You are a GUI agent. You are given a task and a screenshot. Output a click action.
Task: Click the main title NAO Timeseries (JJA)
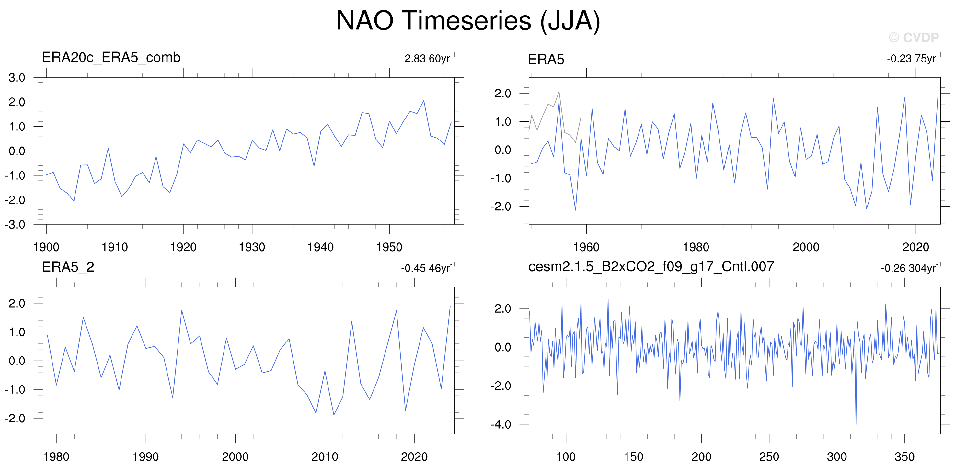[468, 21]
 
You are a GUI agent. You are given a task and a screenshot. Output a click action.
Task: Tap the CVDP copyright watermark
[914, 38]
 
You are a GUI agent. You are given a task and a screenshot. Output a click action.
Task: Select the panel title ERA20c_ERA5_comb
[111, 57]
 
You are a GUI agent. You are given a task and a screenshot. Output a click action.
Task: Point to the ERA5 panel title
[546, 59]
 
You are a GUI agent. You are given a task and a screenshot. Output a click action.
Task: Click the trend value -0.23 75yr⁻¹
[914, 58]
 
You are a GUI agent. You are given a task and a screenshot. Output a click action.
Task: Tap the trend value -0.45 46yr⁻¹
[428, 268]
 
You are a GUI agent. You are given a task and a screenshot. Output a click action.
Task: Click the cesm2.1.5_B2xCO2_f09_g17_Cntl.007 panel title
[651, 267]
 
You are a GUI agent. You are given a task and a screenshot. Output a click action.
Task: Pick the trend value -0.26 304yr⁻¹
[911, 268]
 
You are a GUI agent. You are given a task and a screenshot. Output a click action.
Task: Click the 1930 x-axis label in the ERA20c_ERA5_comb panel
[252, 247]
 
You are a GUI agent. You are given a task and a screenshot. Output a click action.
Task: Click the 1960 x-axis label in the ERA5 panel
[586, 247]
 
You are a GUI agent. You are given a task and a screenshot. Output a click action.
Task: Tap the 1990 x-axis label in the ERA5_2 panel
[146, 457]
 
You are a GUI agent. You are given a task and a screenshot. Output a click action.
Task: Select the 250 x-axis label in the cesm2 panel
[769, 457]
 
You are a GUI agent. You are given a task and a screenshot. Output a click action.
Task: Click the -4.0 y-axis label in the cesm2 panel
[501, 424]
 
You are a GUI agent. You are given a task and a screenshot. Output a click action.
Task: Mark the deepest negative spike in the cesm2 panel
[856, 424]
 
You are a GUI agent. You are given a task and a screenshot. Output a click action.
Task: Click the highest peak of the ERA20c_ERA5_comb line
[424, 100]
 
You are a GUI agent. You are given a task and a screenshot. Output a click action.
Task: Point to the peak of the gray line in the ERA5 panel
[559, 92]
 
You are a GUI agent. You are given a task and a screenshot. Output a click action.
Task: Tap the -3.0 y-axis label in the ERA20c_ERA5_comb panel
[15, 225]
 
